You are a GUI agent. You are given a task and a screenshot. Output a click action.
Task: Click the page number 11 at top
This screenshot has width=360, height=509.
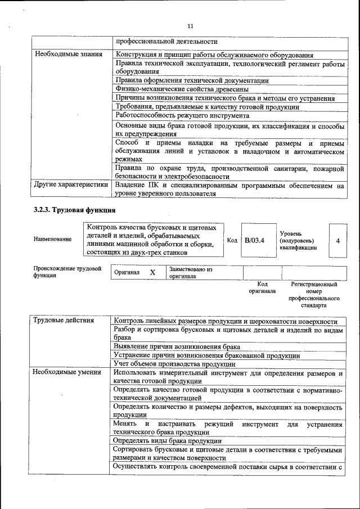coord(190,26)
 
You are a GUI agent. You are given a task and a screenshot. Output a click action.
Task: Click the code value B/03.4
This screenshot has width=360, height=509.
coord(255,240)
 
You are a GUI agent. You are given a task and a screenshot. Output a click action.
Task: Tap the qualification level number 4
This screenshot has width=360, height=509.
coord(337,241)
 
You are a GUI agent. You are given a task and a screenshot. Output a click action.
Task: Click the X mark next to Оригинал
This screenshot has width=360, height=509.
coord(152,272)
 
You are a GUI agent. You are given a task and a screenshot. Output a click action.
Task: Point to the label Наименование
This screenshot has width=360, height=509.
coord(52,240)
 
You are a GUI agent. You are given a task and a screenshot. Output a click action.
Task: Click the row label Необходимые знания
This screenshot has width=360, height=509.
coord(69,55)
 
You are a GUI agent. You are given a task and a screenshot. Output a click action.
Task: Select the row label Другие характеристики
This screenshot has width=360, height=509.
coord(71,184)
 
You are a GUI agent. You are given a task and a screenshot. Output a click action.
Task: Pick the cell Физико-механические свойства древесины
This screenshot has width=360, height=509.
coord(182,89)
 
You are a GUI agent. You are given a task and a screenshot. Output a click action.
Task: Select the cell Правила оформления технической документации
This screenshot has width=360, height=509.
coord(192,80)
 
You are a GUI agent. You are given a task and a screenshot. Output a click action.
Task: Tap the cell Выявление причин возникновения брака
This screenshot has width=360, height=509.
coord(177,347)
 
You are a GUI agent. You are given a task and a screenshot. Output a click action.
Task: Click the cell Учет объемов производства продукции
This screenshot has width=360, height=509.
coord(174,364)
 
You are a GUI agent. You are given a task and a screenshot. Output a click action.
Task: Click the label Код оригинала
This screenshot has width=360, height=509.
coord(262,287)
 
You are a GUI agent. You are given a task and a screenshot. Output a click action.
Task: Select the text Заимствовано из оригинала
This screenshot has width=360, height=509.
coord(191,273)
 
